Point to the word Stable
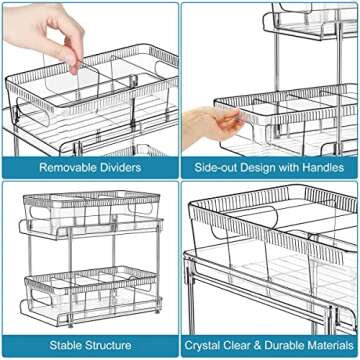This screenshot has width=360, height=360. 62,345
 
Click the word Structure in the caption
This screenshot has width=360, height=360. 110,345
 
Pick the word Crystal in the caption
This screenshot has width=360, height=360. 210,345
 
